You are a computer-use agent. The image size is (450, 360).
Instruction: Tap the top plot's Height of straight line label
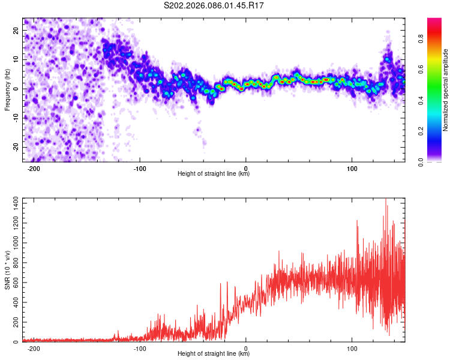pyautogui.click(x=214, y=174)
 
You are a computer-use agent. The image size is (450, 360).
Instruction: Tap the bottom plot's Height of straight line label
pyautogui.click(x=214, y=354)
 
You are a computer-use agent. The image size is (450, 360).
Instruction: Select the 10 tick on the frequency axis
pyautogui.click(x=16, y=59)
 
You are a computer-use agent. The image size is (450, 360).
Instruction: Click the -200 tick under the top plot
pyautogui.click(x=34, y=168)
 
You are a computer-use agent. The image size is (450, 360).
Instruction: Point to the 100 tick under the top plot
pyautogui.click(x=352, y=168)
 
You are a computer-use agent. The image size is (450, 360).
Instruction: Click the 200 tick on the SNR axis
pyautogui.click(x=14, y=322)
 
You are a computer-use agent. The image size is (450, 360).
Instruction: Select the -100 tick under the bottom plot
pyautogui.click(x=140, y=348)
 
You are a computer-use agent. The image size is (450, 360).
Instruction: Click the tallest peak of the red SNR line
pyautogui.click(x=386, y=199)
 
